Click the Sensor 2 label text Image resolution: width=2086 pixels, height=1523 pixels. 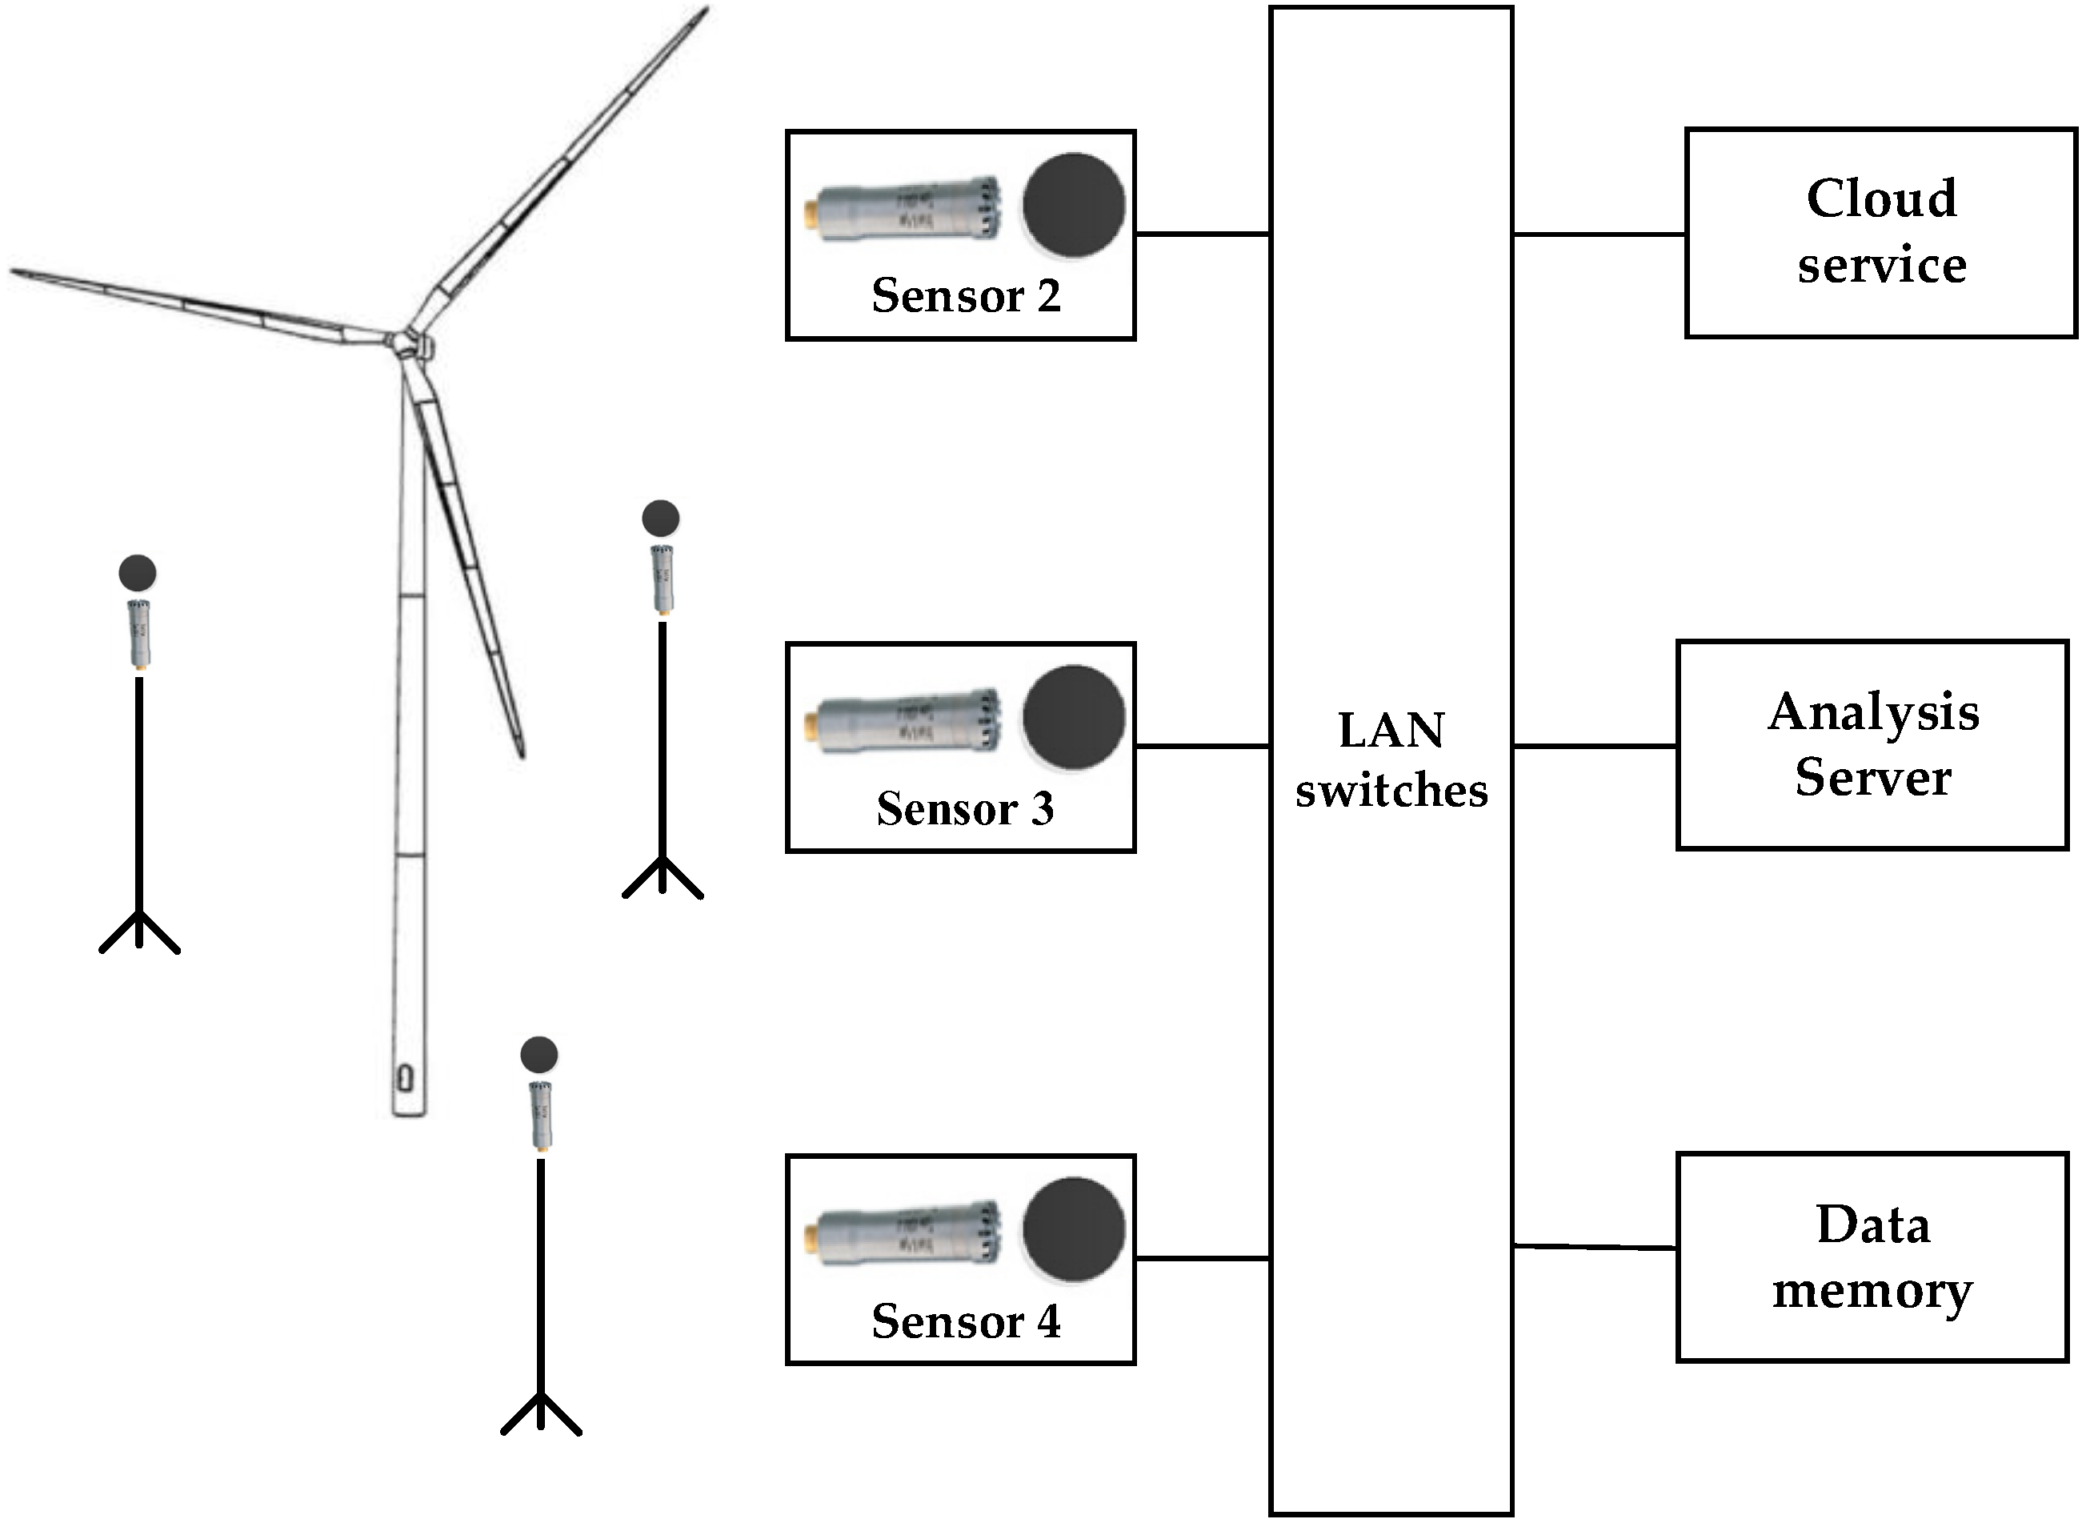click(x=965, y=296)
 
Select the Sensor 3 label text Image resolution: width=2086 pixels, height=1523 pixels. click(x=965, y=808)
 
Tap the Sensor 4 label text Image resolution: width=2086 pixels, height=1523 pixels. click(x=965, y=1321)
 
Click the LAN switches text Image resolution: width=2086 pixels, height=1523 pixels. click(x=1391, y=759)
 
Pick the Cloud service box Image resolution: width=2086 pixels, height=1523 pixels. click(x=1880, y=232)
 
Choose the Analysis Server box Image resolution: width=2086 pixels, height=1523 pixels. click(x=1872, y=745)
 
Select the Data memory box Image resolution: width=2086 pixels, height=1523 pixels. click(x=1872, y=1257)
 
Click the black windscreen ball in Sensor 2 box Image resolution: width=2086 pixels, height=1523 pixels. click(x=1073, y=205)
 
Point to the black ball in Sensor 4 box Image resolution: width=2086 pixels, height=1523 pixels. click(x=1073, y=1230)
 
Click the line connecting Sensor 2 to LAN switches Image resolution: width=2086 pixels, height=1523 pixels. click(x=1202, y=234)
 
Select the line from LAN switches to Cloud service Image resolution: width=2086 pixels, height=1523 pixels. click(x=1599, y=234)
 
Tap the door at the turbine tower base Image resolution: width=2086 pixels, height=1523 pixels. click(x=406, y=1078)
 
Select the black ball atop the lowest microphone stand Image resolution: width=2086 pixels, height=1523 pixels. click(x=539, y=1055)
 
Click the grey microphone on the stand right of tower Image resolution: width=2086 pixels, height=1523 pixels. click(x=662, y=579)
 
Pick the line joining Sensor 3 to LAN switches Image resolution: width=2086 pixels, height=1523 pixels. click(x=1202, y=746)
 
